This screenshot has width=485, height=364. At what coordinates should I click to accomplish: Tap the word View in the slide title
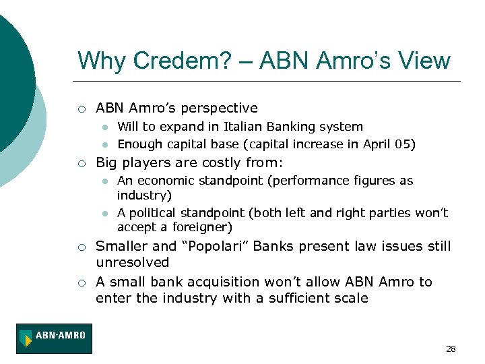tap(422, 61)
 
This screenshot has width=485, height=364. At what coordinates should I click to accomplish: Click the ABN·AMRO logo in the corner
tap(54, 338)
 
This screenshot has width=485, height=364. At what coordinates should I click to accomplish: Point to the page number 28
tap(451, 348)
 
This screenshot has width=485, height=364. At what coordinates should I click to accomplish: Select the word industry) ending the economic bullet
tap(144, 195)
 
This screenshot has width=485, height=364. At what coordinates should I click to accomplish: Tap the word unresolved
tap(133, 262)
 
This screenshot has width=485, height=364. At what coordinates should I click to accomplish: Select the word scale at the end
tap(351, 298)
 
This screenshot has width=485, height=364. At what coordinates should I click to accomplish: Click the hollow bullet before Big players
tap(81, 163)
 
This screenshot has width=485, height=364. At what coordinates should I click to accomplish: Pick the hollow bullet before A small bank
tap(81, 282)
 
